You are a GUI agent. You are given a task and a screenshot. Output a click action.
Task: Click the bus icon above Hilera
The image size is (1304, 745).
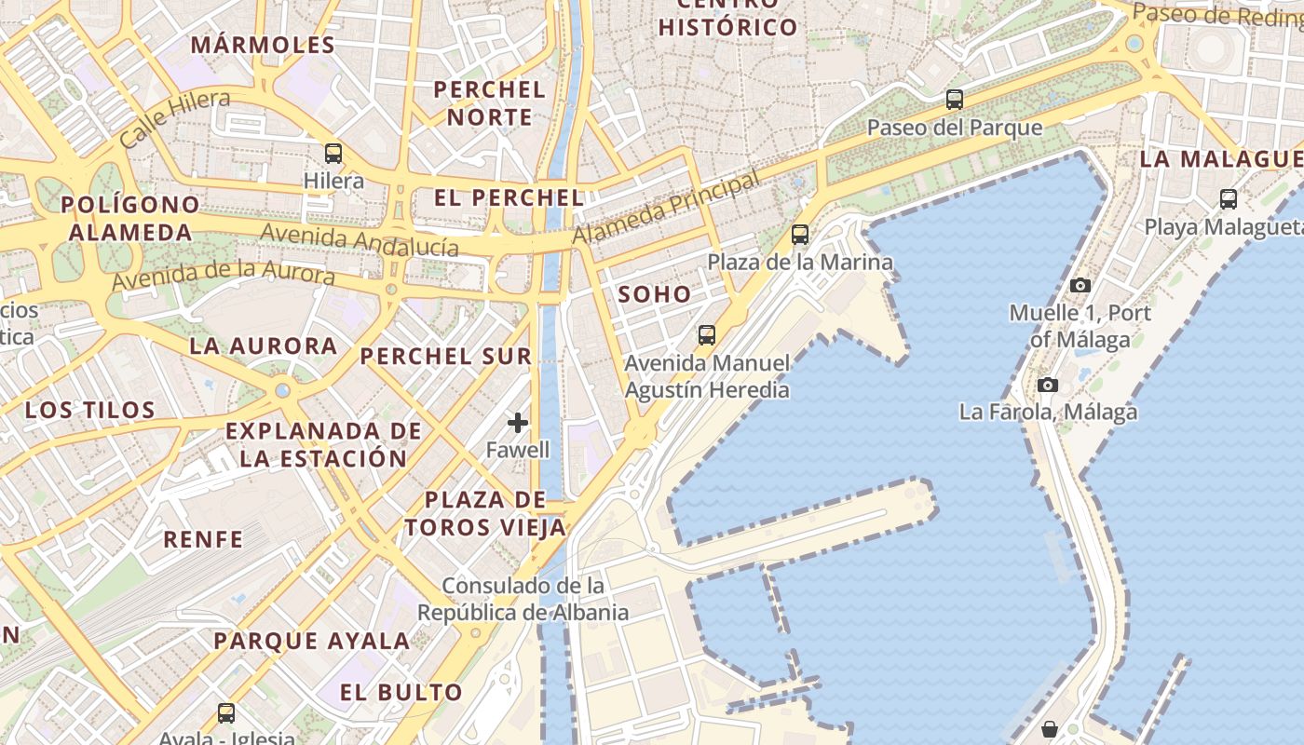[333, 154]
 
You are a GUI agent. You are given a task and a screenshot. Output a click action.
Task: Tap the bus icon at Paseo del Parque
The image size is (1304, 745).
[954, 99]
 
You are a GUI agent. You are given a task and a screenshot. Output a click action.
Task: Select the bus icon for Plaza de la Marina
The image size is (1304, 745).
[799, 235]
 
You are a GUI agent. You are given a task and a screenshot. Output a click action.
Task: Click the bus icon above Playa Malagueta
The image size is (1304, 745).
[1228, 198]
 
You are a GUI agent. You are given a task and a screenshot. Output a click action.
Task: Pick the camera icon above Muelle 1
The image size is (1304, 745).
[1080, 285]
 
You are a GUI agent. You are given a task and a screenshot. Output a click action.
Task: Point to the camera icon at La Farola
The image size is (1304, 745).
[1048, 385]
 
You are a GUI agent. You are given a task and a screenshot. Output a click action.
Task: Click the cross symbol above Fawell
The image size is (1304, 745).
[518, 424]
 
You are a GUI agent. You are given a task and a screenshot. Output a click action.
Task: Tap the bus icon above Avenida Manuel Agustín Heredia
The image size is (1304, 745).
[707, 335]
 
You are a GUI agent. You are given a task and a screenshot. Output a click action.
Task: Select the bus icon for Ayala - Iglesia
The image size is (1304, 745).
[226, 713]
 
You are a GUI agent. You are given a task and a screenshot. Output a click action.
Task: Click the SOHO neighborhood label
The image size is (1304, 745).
[655, 295]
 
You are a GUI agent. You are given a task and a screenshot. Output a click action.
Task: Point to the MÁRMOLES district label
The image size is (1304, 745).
[263, 45]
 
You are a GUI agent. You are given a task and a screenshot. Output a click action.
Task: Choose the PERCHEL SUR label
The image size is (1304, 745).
[446, 356]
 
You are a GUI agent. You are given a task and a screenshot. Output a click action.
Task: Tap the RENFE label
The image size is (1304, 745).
[203, 539]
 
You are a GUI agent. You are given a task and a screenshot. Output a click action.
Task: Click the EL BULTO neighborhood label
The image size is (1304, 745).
[401, 692]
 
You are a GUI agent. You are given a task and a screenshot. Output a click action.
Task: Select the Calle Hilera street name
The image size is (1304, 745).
[175, 117]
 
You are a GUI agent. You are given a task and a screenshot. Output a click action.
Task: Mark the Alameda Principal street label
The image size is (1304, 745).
[666, 208]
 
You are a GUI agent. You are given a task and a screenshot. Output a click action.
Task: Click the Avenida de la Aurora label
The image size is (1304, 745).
[224, 276]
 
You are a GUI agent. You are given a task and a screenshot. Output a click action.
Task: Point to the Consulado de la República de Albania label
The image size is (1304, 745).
[523, 599]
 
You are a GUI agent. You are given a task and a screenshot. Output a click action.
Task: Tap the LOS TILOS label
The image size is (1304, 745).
[89, 410]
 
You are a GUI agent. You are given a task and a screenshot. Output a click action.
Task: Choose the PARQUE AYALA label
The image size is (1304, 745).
[311, 641]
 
